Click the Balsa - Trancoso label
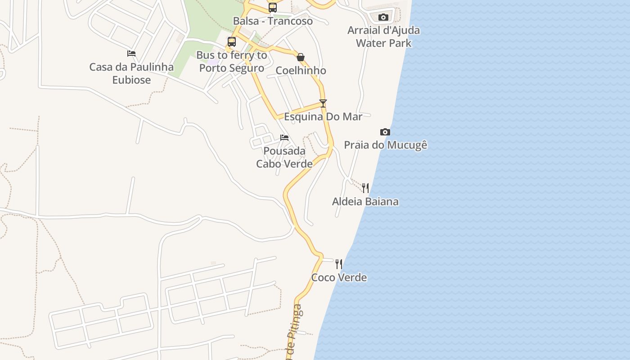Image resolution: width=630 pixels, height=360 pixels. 273,21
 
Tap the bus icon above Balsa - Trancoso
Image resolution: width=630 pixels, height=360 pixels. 273,7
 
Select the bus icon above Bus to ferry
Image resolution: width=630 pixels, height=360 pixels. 232,42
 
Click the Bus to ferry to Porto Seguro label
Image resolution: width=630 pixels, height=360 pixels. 232,62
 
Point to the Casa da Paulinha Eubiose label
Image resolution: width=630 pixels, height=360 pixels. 131,73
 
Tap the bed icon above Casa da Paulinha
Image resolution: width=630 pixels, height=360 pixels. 131,53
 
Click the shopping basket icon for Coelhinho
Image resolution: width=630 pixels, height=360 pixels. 301,57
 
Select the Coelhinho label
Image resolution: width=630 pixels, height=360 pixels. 301,71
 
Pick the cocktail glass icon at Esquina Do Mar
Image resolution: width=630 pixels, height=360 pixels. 323,103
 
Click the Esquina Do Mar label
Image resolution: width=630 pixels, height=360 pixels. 323,117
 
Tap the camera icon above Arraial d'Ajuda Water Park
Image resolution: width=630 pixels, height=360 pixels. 383,18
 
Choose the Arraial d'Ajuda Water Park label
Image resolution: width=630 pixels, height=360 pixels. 384,36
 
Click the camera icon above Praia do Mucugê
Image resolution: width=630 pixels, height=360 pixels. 385,132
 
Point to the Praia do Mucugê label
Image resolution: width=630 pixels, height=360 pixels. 385,145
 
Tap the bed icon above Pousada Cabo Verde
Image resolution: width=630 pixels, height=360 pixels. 284,137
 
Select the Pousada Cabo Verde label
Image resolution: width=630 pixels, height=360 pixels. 284,157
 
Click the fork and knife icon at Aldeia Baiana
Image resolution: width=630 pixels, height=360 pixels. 365,188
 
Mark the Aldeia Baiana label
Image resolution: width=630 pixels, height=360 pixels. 365,201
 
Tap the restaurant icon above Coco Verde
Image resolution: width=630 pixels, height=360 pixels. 339,264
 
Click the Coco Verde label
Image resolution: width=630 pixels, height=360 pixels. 339,277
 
